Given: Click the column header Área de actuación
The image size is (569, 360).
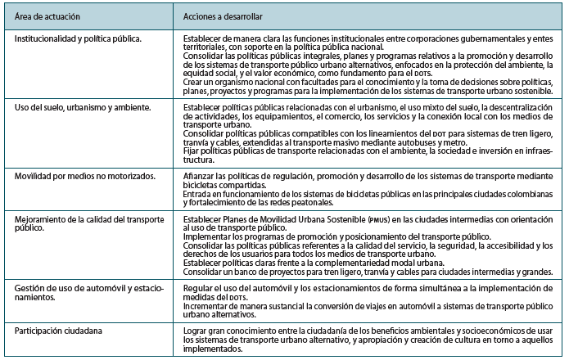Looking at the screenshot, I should (47, 16).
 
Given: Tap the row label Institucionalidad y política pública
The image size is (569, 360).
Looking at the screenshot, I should (78, 38).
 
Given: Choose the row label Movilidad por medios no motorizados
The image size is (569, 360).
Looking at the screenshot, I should (79, 176).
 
